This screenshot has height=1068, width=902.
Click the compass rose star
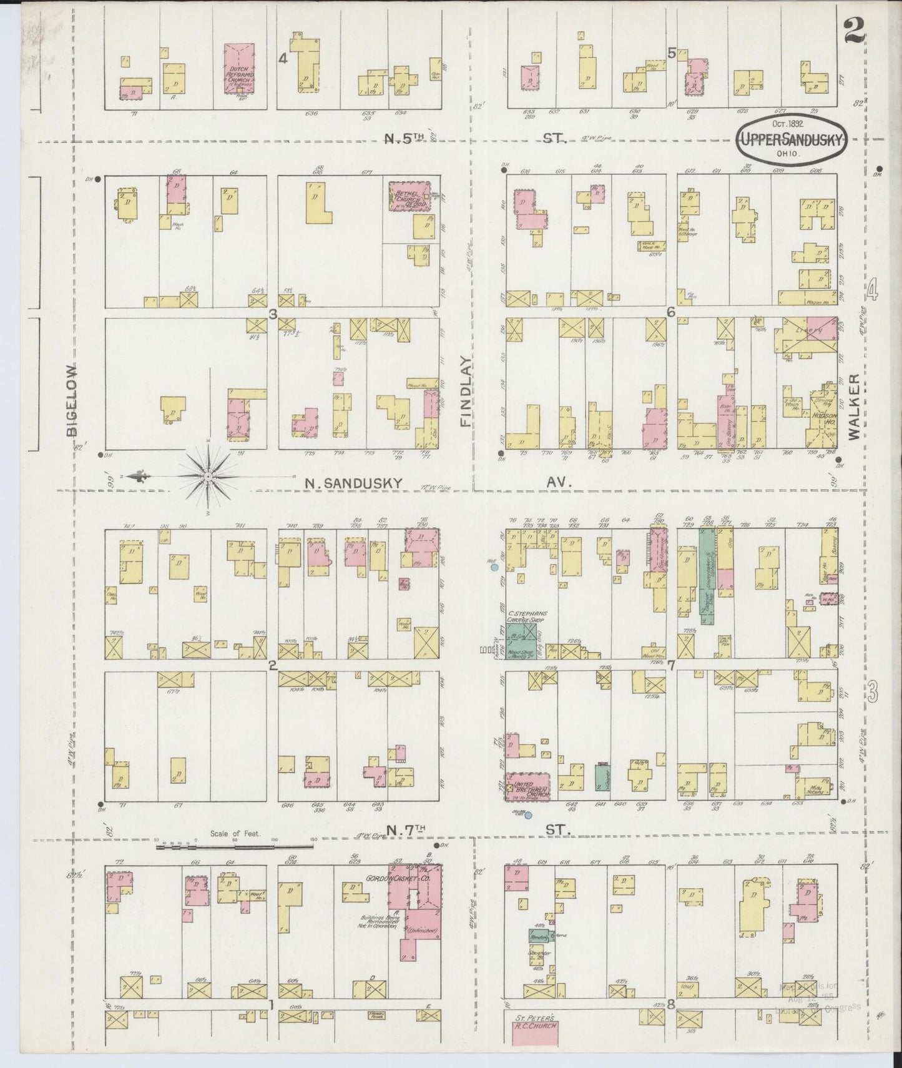(209, 478)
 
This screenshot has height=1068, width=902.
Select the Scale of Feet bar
(235, 846)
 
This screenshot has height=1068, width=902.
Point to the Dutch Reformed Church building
(240, 69)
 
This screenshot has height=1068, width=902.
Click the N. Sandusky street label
(353, 482)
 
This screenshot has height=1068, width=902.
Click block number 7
(672, 665)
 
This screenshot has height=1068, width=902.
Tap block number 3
(272, 314)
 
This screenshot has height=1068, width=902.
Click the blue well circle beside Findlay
(494, 568)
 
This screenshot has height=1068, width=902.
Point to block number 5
(672, 54)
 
